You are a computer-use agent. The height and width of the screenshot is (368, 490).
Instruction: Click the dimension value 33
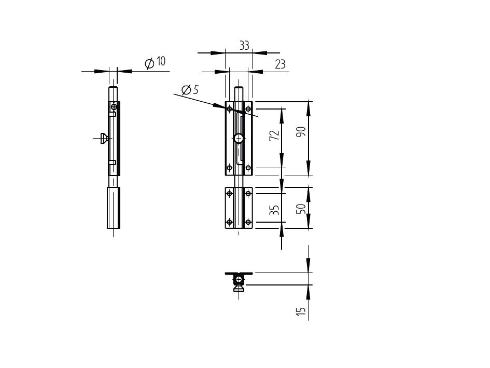click(244, 46)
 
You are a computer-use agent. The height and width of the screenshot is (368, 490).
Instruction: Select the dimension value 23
click(280, 64)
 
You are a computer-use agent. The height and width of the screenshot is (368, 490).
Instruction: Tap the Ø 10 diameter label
click(155, 62)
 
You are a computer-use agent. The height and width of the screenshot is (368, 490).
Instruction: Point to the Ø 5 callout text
click(190, 90)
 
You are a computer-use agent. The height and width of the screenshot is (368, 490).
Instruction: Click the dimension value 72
click(274, 135)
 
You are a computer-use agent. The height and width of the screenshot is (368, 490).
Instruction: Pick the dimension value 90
click(301, 132)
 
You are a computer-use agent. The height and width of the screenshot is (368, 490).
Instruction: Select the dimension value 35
click(274, 210)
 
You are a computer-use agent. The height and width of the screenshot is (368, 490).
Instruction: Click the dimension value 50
click(301, 209)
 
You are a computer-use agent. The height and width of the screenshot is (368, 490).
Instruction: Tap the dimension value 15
click(301, 311)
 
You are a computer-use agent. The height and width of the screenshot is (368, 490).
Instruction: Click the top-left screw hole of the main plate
click(229, 109)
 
